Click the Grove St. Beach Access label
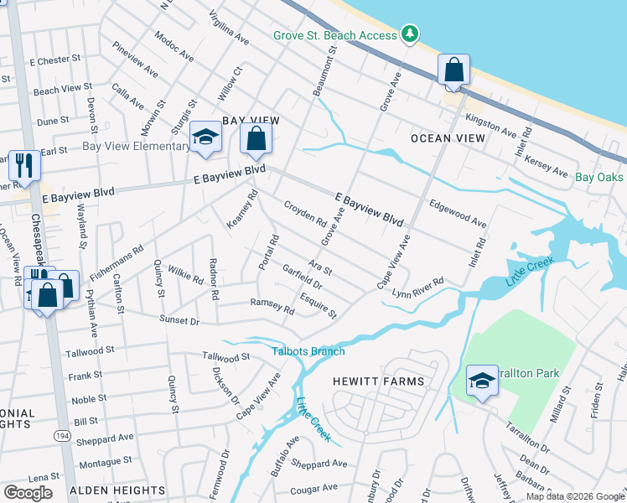pos(335,35)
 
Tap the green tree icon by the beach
pos(410,34)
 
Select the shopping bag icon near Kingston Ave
pos(453,72)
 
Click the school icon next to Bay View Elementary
pos(205,138)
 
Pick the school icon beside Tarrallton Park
pos(482,382)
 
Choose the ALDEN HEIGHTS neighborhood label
pos(117,490)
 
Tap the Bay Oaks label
pos(600,177)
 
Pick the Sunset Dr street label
pos(180,320)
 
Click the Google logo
pos(28,493)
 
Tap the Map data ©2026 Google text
pos(574,496)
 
